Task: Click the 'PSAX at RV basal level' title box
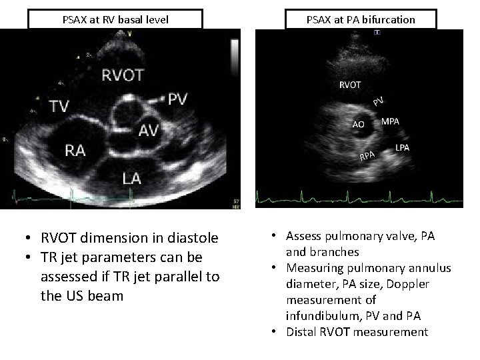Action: coord(115,19)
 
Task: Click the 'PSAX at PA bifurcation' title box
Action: coord(361,19)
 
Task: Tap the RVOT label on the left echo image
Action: coord(122,75)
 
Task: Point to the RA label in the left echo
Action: coord(75,150)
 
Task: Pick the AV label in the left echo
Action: coord(148,131)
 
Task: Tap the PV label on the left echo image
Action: coord(178,99)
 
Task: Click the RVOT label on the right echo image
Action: coord(350,85)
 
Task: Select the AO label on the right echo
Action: coord(358,124)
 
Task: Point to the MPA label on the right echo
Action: coord(391,121)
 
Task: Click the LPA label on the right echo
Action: coord(403,147)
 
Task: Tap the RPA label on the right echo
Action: coord(368,156)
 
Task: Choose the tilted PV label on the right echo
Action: coord(378,101)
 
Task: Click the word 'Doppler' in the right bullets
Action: coord(407,284)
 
